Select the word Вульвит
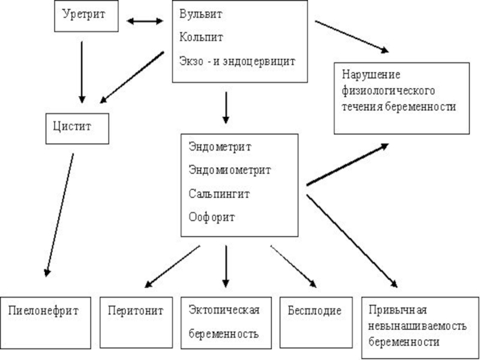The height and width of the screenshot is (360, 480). [200, 14]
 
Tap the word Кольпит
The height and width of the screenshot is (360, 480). [201, 37]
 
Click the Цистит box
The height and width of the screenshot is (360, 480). [77, 128]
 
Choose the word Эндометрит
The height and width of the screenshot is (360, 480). [220, 146]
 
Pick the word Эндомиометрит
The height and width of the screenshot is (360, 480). [230, 170]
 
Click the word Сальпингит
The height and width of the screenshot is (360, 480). [219, 194]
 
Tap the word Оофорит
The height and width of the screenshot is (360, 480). [212, 217]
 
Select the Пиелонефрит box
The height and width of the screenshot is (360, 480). [46, 323]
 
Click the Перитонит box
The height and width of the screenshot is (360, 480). [136, 322]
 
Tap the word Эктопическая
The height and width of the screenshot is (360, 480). [224, 310]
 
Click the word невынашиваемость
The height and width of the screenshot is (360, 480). [418, 326]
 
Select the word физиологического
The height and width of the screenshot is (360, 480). [388, 91]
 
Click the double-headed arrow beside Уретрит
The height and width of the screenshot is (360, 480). [145, 21]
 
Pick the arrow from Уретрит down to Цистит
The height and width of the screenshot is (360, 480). [82, 72]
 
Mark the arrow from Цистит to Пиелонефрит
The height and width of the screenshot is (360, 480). [59, 215]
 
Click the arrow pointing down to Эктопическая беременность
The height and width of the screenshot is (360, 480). [226, 266]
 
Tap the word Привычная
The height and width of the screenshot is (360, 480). [398, 310]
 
